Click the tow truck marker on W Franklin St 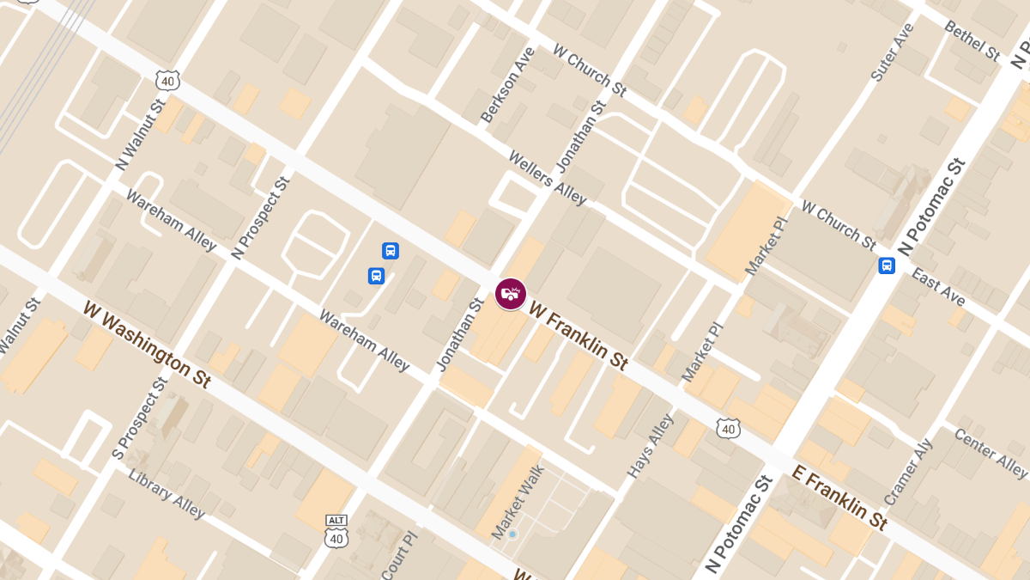[x=511, y=294]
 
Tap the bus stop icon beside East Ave [x=887, y=266]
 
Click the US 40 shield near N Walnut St [x=167, y=80]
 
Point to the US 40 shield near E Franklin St [x=729, y=427]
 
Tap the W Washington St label [x=147, y=344]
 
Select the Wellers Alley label [x=548, y=178]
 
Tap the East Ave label [x=938, y=287]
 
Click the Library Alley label [x=167, y=493]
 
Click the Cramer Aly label [x=907, y=473]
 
